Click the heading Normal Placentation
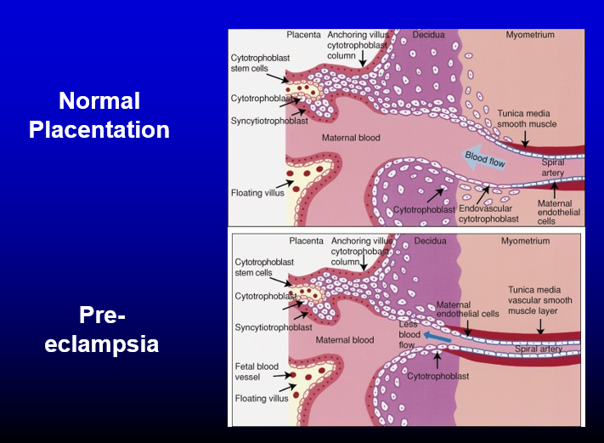(99, 116)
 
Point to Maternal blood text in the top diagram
(351, 136)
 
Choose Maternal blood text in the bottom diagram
(345, 340)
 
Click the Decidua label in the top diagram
(429, 35)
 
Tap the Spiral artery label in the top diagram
(552, 168)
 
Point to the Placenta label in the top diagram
(303, 35)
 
